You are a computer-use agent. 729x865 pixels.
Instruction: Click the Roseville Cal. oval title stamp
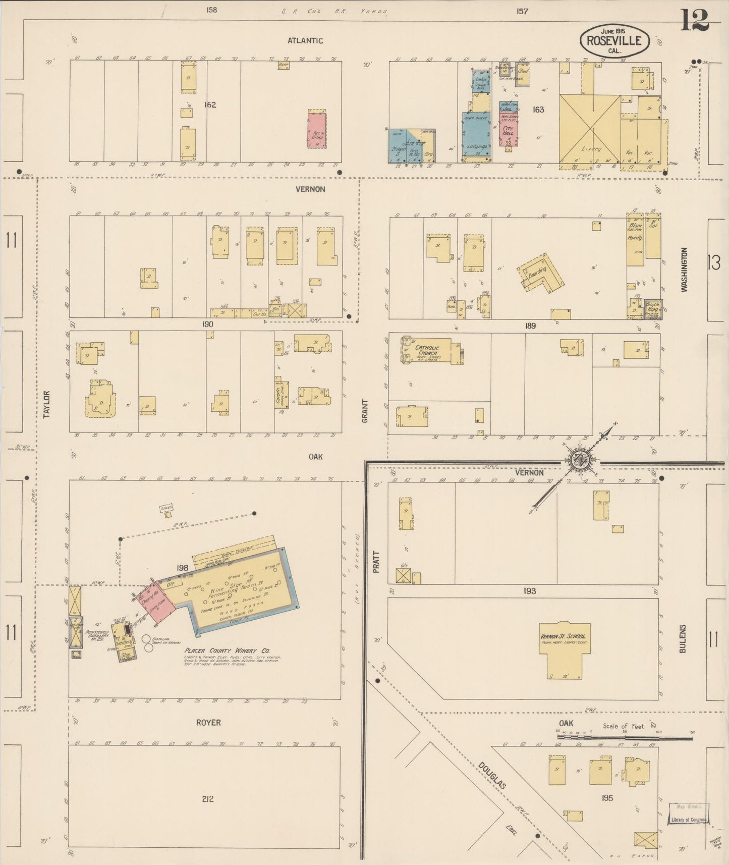pos(614,40)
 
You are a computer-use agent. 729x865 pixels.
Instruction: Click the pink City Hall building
pos(508,130)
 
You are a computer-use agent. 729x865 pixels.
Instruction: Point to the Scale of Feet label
pos(623,726)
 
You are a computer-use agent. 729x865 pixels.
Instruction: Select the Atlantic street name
pos(305,41)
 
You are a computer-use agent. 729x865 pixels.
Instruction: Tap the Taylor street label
pos(47,404)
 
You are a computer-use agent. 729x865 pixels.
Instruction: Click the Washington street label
pos(684,269)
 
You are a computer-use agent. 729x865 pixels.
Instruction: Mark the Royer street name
pos(208,723)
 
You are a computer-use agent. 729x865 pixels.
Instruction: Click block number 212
pos(207,798)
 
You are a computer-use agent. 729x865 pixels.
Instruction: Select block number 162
pos(210,105)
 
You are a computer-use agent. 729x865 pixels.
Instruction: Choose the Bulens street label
pos(683,639)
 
